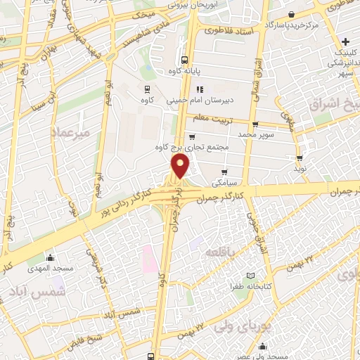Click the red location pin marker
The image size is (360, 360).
click(181, 167)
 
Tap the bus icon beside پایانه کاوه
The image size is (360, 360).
click(184, 60)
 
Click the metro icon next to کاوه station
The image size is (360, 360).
click(147, 89)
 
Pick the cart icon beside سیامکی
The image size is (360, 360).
click(224, 172)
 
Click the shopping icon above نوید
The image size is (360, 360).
click(300, 158)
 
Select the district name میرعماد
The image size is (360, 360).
click(72, 131)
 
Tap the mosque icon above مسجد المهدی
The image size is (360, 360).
click(49, 257)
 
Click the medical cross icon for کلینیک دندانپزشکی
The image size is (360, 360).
click(346, 41)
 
